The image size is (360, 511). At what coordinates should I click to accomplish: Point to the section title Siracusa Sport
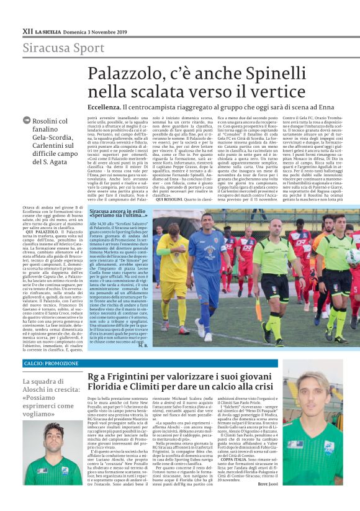coord(55,48)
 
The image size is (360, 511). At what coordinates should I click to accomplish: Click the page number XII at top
coord(27,30)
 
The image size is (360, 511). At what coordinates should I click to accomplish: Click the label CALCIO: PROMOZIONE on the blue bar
coord(52,363)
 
